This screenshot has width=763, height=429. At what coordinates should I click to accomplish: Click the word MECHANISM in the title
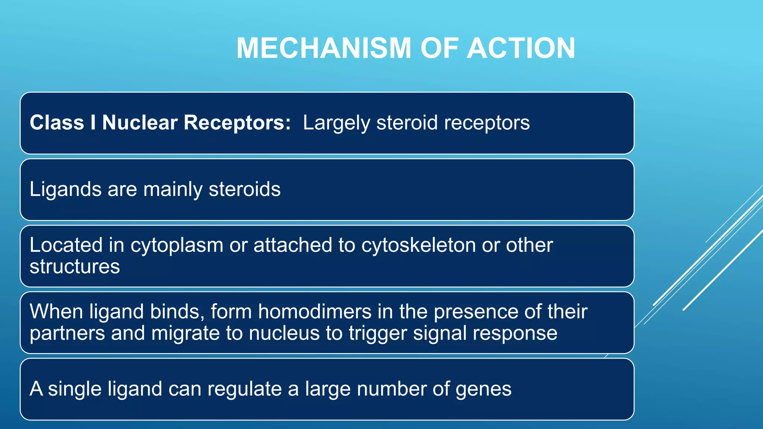(x=323, y=48)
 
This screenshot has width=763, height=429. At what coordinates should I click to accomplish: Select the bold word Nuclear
(x=140, y=123)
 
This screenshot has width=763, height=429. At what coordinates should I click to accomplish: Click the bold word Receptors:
(x=237, y=123)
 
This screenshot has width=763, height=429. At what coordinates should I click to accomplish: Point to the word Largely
(x=336, y=123)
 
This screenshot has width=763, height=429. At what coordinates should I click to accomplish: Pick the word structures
(x=75, y=267)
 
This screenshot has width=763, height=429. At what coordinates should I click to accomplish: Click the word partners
(x=67, y=334)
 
